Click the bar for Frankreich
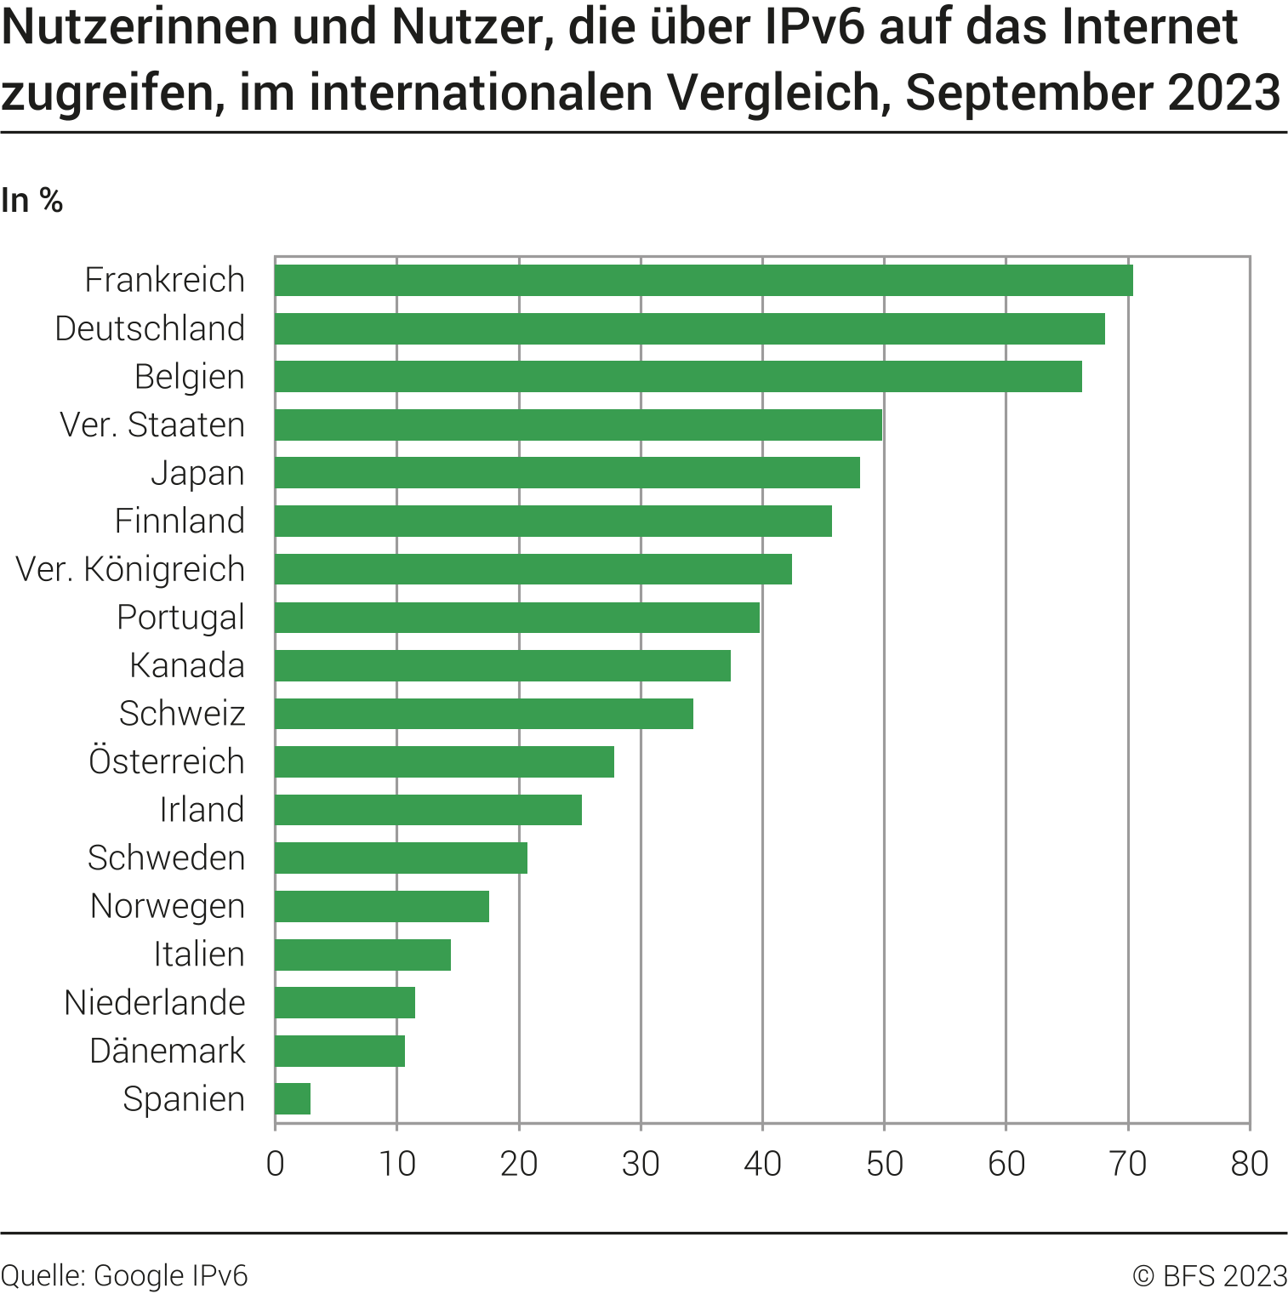[704, 280]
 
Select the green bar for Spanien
[293, 1098]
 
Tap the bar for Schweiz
[484, 714]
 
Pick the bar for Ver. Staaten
[578, 425]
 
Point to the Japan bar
[567, 472]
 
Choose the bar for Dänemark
[339, 1051]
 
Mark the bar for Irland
[428, 810]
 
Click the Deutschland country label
[150, 328]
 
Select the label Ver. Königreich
[130, 569]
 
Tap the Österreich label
[167, 761]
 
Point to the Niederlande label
[155, 1002]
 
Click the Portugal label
[180, 618]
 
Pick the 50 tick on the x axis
[884, 1164]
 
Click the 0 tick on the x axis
[275, 1164]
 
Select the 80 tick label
[1249, 1164]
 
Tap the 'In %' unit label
[32, 201]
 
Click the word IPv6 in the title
[815, 27]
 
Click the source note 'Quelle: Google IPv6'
[124, 1275]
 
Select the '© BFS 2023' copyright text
[1209, 1275]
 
